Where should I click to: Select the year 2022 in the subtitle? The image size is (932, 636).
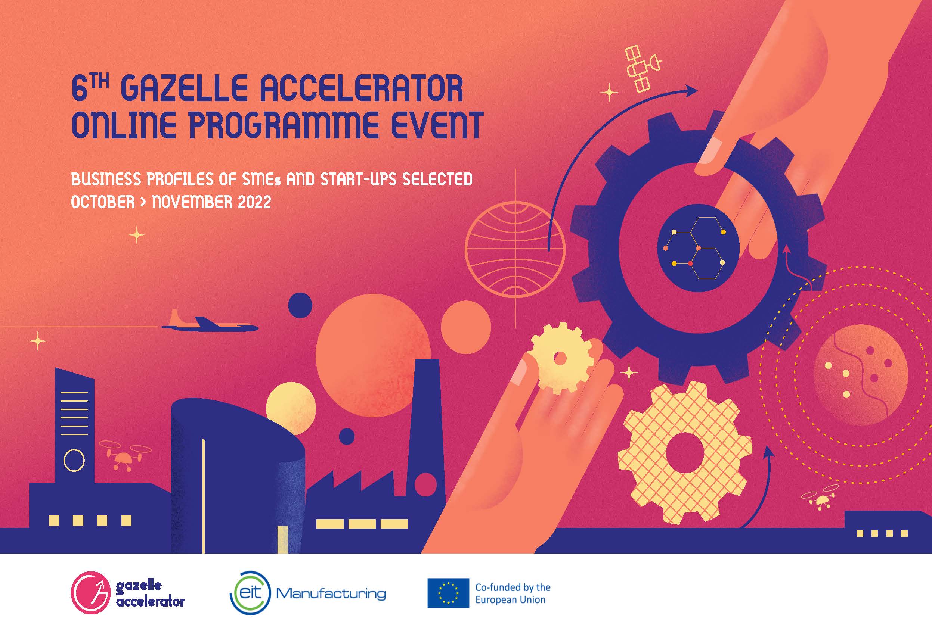pyautogui.click(x=254, y=202)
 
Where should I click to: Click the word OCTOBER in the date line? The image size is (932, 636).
pyautogui.click(x=103, y=202)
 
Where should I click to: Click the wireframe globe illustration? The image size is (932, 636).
pyautogui.click(x=515, y=249)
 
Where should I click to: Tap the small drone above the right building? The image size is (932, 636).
pyautogui.click(x=818, y=497)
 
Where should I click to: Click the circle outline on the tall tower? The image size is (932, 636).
pyautogui.click(x=74, y=461)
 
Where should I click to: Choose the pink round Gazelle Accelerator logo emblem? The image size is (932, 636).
pyautogui.click(x=90, y=592)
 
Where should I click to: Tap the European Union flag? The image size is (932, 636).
pyautogui.click(x=448, y=593)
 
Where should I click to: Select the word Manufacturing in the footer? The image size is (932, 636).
pyautogui.click(x=331, y=593)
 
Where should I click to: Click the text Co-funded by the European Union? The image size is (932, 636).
pyautogui.click(x=513, y=593)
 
